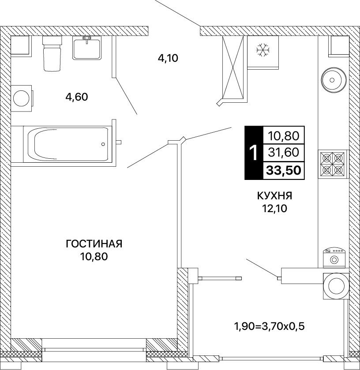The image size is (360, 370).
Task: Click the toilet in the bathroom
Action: [x=52, y=53]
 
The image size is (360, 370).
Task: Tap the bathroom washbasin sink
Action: [x=87, y=49]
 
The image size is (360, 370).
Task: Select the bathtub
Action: [x=68, y=144]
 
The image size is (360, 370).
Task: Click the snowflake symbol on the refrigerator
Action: [x=263, y=50]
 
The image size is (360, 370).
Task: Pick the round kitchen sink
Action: [x=334, y=80]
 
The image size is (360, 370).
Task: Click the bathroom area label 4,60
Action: [x=77, y=97]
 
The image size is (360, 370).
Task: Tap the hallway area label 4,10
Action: [x=168, y=58]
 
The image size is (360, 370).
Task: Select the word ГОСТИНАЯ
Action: [x=94, y=244]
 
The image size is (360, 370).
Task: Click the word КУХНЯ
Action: [x=274, y=196]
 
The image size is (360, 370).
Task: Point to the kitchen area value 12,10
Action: [x=274, y=208]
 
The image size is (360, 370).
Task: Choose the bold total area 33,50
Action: [x=284, y=170]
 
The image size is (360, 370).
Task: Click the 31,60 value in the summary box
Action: [x=284, y=152]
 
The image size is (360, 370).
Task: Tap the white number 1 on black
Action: [x=254, y=153]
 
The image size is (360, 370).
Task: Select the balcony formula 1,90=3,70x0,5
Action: [x=269, y=326]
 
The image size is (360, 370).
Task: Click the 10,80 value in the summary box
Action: [x=284, y=136]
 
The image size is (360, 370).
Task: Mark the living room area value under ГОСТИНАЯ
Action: [x=94, y=257]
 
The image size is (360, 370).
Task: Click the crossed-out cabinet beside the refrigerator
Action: [x=233, y=67]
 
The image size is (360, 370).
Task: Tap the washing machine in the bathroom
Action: [x=22, y=98]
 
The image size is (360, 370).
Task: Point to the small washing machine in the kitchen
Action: [x=334, y=258]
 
